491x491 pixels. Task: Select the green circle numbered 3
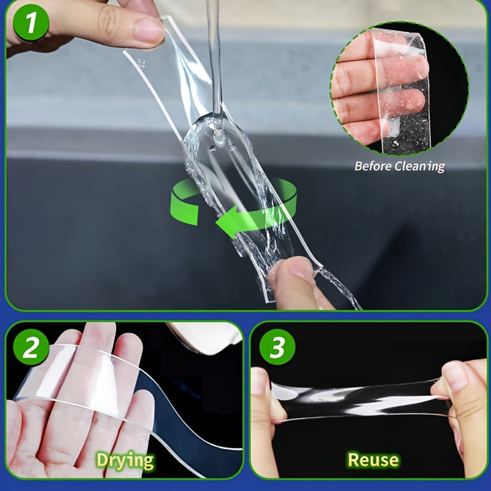[277, 348]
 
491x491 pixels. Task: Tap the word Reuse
[373, 459]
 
